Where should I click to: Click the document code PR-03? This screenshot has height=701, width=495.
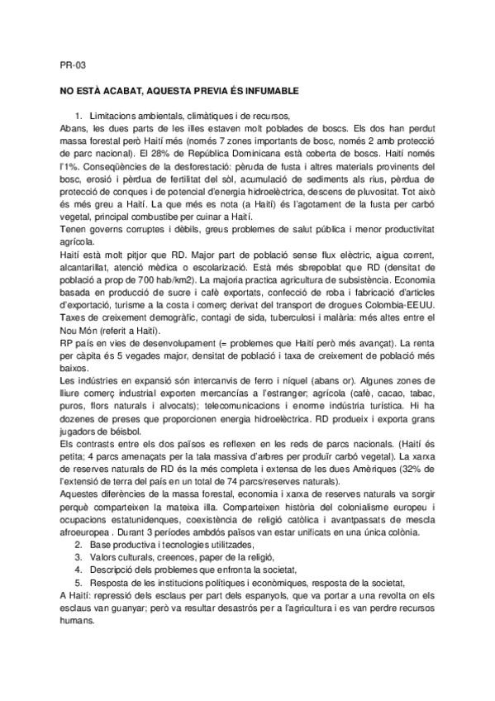(x=73, y=64)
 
